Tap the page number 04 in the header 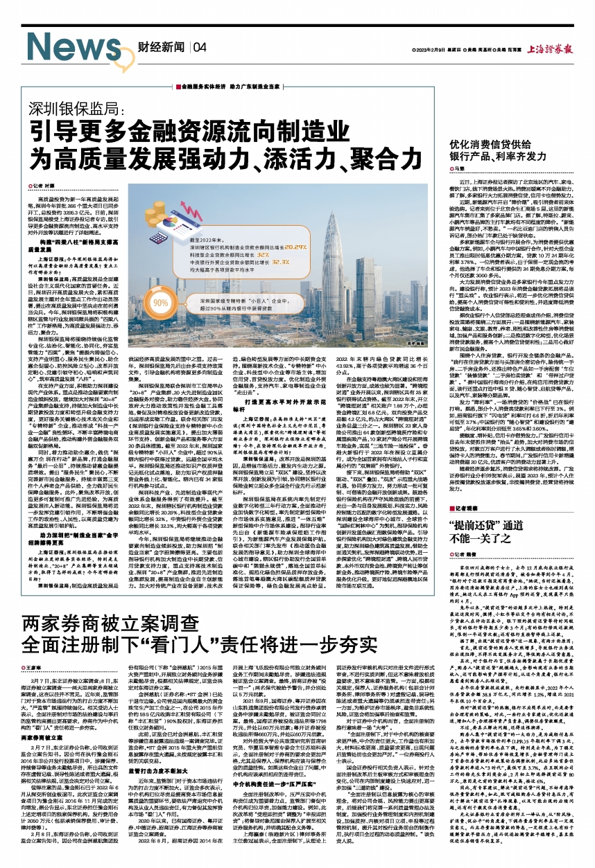(x=200, y=48)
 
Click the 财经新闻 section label (x=159, y=48)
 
